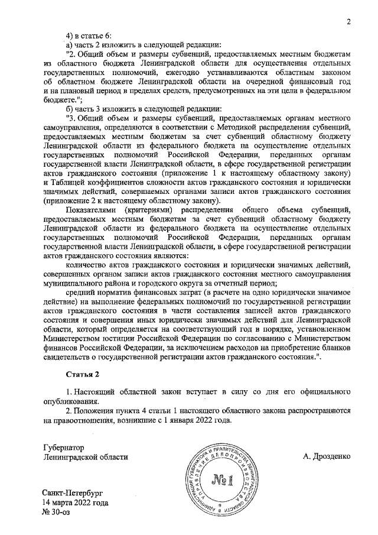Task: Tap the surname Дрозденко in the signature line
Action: [x=327, y=456]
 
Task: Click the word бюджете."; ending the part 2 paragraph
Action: [x=60, y=99]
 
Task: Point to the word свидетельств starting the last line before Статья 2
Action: [x=70, y=358]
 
